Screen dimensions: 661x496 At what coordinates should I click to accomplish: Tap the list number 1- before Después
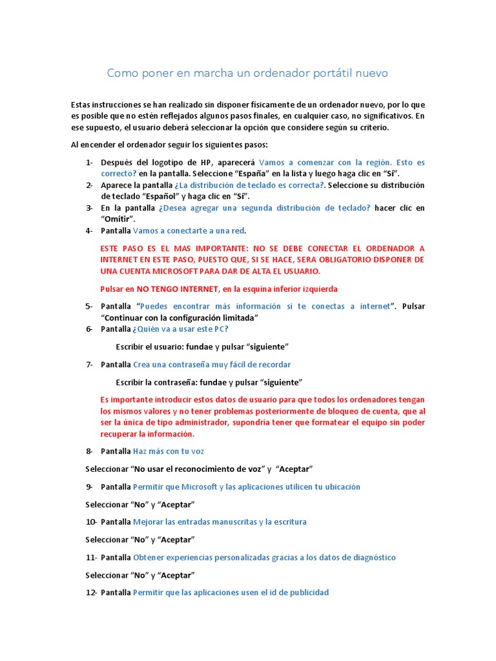[x=89, y=162]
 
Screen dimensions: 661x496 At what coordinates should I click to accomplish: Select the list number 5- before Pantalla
[x=89, y=306]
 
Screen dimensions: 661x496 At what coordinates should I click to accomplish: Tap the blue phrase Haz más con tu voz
[x=168, y=451]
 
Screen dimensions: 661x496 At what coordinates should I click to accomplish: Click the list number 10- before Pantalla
[x=91, y=522]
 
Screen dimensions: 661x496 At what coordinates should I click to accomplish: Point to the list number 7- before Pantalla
[x=89, y=364]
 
